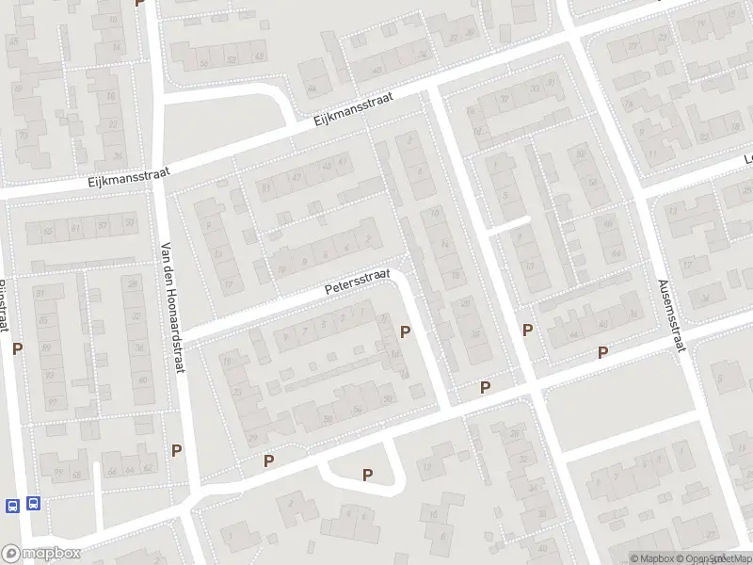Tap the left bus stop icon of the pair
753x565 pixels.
click(12, 505)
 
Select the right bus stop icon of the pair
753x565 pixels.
click(34, 504)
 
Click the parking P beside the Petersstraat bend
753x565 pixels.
click(406, 331)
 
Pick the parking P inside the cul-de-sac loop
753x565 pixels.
click(368, 476)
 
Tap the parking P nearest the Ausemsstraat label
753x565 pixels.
click(603, 353)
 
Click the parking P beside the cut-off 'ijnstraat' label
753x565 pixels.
click(17, 348)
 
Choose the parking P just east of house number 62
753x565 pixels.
click(176, 450)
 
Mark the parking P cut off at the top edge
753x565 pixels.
click(140, 3)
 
